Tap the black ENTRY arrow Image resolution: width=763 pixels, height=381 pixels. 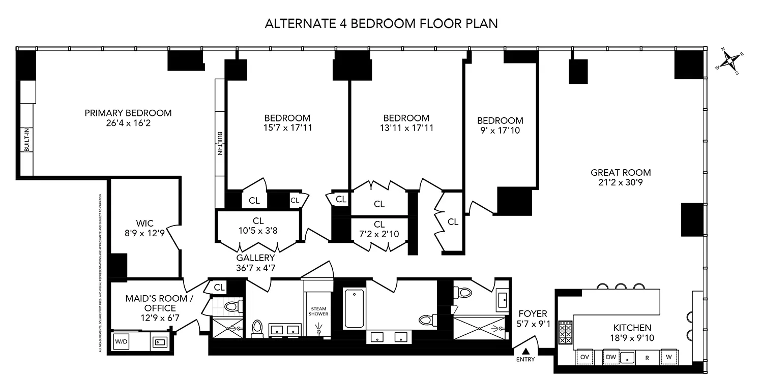526,351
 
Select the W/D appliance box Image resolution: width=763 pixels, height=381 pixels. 122,342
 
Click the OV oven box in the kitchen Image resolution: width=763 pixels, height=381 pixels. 584,357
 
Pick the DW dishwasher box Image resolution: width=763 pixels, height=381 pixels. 611,357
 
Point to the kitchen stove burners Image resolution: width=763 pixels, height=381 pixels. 565,333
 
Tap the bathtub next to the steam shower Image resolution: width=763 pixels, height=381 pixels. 354,308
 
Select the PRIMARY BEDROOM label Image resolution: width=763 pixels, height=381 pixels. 128,113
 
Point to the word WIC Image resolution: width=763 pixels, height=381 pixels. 144,223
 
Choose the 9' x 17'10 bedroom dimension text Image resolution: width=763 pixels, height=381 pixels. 500,131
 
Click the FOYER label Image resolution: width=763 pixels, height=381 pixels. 533,314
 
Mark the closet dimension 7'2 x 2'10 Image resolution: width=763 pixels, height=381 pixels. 379,234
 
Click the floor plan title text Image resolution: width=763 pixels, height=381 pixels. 381,23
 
